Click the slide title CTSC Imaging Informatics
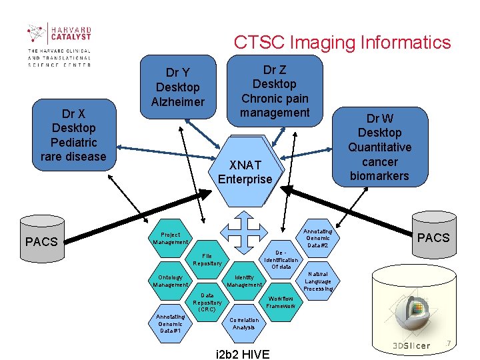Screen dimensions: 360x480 [342, 43]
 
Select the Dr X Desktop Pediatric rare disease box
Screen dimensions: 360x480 [73, 135]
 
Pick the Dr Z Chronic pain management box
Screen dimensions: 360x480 [275, 91]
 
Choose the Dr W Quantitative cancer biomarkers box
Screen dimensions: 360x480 [379, 147]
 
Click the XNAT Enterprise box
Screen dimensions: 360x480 [245, 172]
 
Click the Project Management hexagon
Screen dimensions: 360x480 [171, 238]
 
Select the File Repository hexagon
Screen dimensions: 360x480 [207, 259]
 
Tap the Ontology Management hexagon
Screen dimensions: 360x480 [171, 281]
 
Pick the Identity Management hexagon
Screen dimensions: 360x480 [244, 281]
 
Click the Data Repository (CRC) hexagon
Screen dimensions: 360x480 [207, 302]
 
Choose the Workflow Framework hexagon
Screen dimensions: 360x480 [281, 302]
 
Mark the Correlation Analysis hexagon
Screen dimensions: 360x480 [244, 323]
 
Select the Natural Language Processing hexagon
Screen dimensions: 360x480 [317, 281]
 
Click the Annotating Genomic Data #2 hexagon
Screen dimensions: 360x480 [317, 238]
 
